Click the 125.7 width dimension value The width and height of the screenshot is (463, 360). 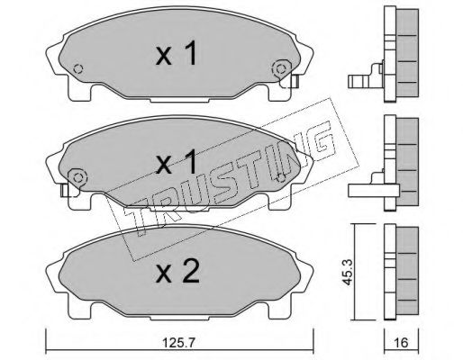tap(178, 342)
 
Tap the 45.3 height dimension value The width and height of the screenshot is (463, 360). tap(348, 272)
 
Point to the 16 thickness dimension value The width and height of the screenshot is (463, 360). tap(402, 342)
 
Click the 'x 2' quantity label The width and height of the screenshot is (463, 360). tap(177, 272)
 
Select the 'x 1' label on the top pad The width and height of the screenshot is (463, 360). tap(177, 53)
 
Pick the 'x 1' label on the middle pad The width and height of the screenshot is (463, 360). tap(177, 162)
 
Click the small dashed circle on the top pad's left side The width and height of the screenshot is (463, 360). tap(78, 69)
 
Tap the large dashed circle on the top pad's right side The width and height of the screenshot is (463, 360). tap(281, 69)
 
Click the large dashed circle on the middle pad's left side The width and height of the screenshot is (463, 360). tap(77, 178)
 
